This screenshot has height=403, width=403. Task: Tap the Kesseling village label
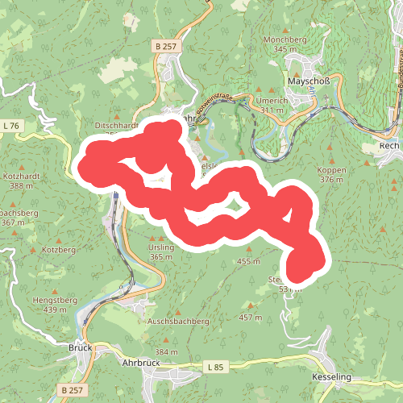[333, 376]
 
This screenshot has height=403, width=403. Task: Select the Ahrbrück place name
[140, 362]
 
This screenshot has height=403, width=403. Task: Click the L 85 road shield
[214, 368]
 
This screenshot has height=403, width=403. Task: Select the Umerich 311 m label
[272, 104]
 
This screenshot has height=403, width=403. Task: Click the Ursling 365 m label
[161, 252]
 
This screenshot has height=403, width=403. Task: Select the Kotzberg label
[58, 250]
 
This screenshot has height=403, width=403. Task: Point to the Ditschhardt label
[118, 127]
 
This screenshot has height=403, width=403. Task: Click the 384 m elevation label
[166, 352]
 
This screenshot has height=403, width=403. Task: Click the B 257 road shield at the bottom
[71, 389]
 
